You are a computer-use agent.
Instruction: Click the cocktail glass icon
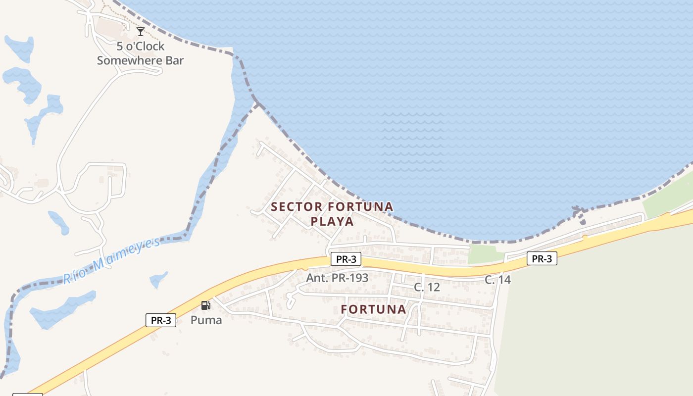pos(141,32)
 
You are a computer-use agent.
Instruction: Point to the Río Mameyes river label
pos(111,260)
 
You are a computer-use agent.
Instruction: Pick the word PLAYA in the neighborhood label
pos(332,221)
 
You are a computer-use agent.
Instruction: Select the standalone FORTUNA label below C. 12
pos(373,309)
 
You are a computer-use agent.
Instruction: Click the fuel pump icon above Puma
pos(206,305)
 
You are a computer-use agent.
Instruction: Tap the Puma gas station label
pos(206,320)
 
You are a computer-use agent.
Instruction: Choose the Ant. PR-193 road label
pos(337,278)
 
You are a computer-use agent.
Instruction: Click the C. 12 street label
pos(427,287)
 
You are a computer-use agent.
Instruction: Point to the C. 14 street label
pos(497,280)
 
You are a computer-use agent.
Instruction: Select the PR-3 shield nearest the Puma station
pos(161,320)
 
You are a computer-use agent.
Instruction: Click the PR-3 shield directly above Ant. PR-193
pos(346,259)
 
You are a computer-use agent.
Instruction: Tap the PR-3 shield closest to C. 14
pos(542,258)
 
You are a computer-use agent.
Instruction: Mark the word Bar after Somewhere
pos(175,60)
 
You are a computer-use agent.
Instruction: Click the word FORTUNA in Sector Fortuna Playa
pos(360,206)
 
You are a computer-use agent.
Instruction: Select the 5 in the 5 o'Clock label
pos(120,46)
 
